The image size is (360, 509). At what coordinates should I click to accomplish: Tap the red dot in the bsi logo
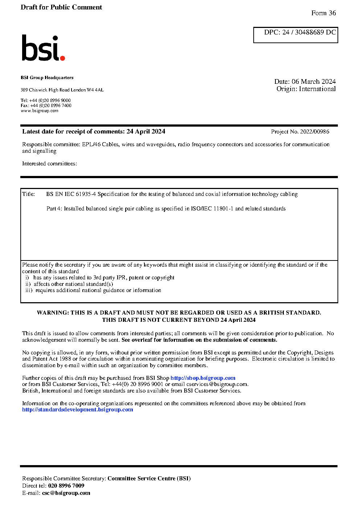click(x=62, y=58)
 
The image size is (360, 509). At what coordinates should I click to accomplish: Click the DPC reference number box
click(x=295, y=35)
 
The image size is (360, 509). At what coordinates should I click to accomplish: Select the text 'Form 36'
click(x=323, y=13)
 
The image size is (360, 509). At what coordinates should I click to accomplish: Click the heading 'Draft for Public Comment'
click(x=61, y=7)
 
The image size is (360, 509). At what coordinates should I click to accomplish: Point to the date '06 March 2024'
click(x=314, y=82)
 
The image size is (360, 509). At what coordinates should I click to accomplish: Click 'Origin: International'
click(x=306, y=89)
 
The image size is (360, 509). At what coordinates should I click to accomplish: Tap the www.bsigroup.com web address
click(x=40, y=111)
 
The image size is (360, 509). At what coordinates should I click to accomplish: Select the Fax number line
click(x=46, y=106)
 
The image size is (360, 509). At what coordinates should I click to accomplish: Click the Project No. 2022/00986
click(x=300, y=132)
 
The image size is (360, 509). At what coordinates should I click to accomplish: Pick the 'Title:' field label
click(x=29, y=194)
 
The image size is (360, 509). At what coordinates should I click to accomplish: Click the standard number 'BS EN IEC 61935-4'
click(x=71, y=194)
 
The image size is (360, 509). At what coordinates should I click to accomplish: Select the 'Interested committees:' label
click(x=49, y=164)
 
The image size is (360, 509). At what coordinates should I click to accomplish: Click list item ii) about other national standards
click(x=69, y=284)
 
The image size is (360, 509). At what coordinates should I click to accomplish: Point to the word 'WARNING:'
click(x=53, y=313)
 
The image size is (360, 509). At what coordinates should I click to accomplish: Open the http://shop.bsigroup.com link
click(x=203, y=378)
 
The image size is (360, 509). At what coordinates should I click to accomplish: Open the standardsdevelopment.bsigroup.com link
click(x=78, y=410)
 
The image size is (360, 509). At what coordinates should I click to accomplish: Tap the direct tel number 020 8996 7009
click(x=66, y=486)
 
